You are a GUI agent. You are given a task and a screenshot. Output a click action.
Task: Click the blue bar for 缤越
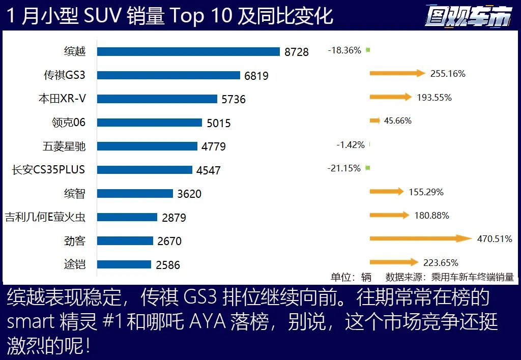pos(188,51)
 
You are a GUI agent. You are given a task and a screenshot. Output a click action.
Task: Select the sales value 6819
pos(256,76)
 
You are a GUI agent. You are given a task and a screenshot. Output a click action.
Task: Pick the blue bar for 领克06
pos(150,123)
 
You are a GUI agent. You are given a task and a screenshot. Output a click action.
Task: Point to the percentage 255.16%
pos(448,74)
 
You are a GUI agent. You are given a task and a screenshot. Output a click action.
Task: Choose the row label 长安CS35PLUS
pos(48,169)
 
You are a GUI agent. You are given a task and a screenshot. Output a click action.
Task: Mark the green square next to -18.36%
pos(368,50)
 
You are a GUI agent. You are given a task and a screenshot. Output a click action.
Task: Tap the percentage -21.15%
pos(344,168)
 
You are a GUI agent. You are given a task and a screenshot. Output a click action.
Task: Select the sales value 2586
pos(168,265)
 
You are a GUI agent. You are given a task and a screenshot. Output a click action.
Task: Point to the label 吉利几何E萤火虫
pos(45,217)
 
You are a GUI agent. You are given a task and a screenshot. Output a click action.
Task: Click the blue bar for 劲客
pos(125,241)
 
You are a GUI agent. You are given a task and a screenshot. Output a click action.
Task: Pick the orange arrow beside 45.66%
pos(374,121)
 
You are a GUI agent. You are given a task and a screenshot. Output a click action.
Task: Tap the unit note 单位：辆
pos(351,277)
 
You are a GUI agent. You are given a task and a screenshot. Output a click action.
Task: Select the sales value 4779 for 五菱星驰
pos(214,147)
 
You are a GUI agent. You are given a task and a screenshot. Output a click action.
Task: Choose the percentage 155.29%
pos(426,192)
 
